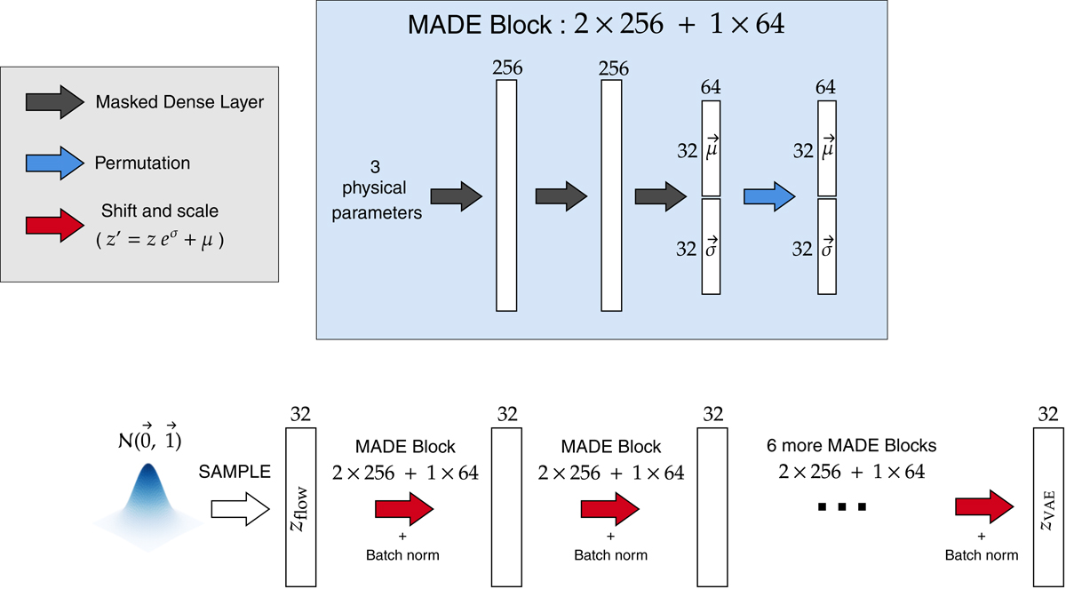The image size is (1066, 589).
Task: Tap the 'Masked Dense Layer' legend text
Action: (179, 103)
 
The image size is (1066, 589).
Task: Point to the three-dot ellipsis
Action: (842, 507)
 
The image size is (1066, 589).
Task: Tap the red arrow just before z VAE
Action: (983, 507)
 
